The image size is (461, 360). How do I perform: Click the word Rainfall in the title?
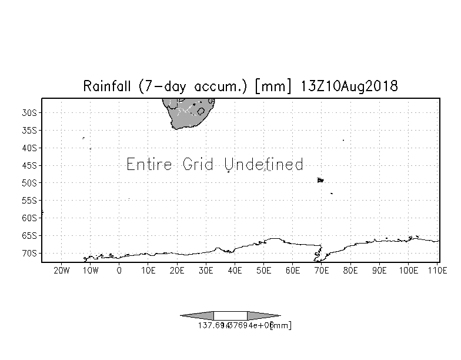[109, 86]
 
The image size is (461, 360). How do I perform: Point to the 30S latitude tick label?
[29, 112]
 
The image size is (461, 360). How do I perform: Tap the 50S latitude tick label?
[29, 182]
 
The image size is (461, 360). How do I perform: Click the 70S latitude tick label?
[29, 253]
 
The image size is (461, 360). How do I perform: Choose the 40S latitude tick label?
[29, 148]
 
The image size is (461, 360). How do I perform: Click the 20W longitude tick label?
[61, 271]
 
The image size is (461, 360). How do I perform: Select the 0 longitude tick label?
[119, 271]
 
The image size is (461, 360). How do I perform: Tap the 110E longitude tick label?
[436, 271]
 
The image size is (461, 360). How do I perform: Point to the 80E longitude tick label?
[350, 271]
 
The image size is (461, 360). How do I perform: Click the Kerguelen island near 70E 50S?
[320, 180]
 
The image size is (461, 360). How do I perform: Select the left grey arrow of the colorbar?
[198, 316]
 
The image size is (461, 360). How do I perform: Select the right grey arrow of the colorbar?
[263, 316]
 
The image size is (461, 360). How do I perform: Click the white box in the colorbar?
[230, 316]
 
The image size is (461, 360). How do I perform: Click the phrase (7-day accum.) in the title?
[188, 86]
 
